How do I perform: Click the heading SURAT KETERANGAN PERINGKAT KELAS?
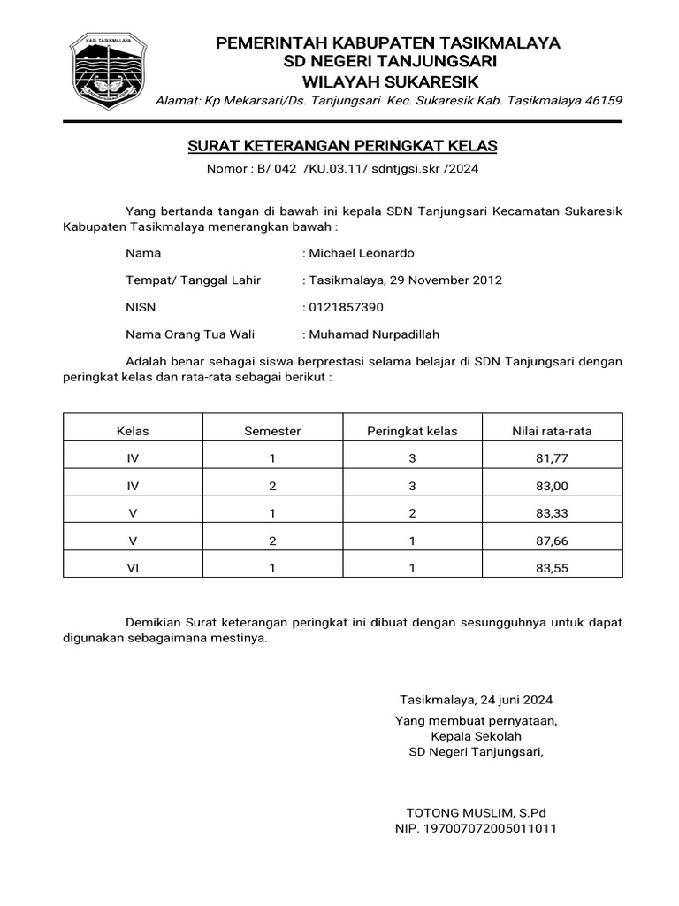343,145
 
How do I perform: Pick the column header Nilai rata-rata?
552,431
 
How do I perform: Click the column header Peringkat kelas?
412,431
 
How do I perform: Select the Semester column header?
272,431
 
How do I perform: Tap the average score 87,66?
552,541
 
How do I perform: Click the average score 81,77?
552,459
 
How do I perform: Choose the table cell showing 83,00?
552,487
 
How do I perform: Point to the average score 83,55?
552,569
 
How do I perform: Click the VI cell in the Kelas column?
134,569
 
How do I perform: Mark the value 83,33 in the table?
552,514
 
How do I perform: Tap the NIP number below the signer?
475,829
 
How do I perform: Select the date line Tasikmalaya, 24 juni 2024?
476,699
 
